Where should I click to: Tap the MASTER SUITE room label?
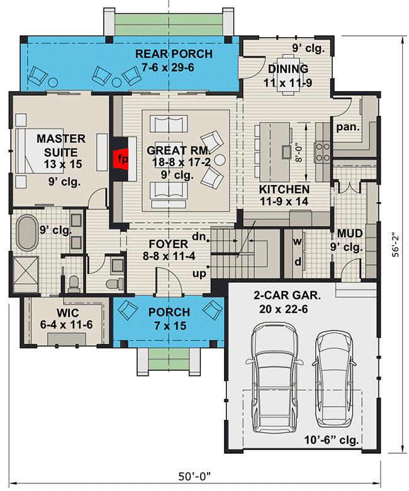coord(57,145)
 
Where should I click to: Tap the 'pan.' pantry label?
coord(347,127)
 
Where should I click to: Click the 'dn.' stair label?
coord(199,237)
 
